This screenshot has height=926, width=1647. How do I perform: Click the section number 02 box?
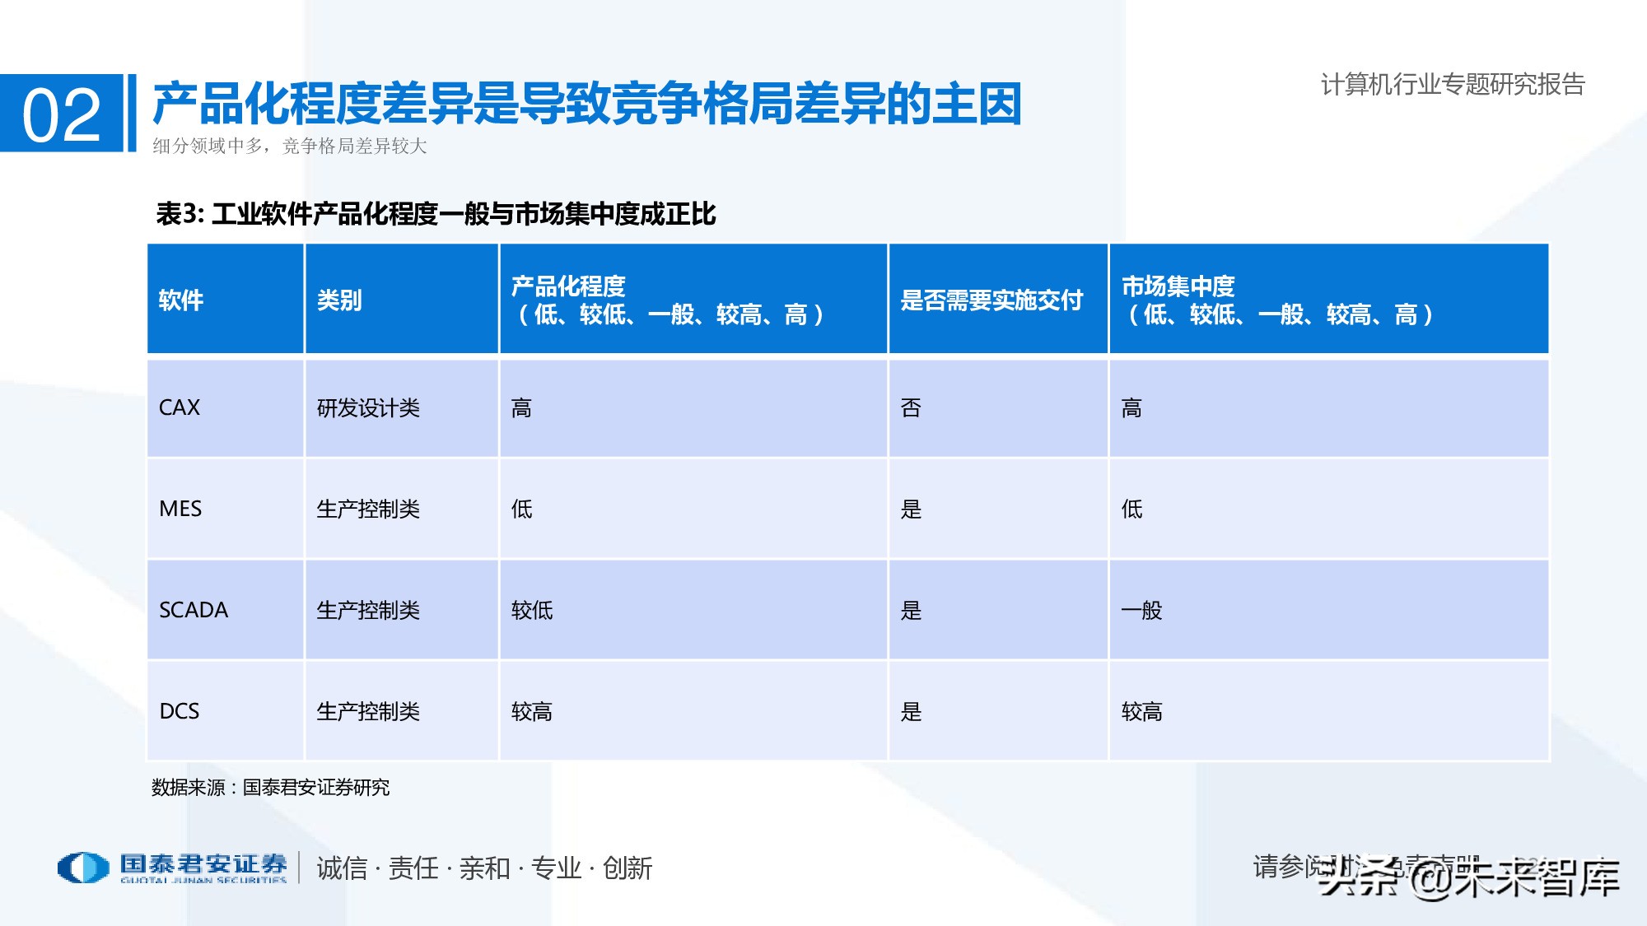(x=62, y=114)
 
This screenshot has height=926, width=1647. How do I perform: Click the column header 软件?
(x=181, y=300)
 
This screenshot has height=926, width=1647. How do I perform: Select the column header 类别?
(x=339, y=300)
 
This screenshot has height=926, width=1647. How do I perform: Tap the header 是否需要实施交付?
(x=991, y=300)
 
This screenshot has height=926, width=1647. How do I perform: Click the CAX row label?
(x=180, y=407)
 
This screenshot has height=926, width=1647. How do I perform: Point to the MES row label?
(x=180, y=509)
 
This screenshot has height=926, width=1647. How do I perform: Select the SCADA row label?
(x=194, y=610)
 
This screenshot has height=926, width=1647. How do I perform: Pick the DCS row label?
(x=180, y=711)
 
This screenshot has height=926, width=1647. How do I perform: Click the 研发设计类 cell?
(x=368, y=407)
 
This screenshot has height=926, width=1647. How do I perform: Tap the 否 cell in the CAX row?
(x=911, y=407)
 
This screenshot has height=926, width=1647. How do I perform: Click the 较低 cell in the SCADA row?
(x=532, y=610)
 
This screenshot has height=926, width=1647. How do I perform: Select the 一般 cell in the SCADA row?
(x=1141, y=610)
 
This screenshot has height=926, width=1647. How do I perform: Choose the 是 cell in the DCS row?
(x=911, y=711)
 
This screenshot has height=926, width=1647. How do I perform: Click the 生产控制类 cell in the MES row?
(x=368, y=509)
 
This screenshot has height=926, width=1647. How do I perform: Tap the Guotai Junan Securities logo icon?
(x=83, y=868)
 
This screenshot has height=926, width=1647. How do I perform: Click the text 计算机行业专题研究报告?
(x=1453, y=84)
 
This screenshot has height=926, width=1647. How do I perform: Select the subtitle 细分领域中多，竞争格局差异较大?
(x=289, y=147)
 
